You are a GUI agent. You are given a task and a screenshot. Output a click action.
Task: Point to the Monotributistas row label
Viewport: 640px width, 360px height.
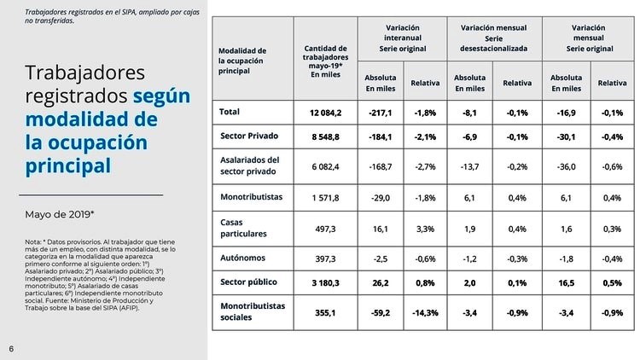[254, 197]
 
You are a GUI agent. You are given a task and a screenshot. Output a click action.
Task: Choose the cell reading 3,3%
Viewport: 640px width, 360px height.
[425, 228]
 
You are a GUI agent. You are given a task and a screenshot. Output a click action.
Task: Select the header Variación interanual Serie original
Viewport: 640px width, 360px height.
[402, 38]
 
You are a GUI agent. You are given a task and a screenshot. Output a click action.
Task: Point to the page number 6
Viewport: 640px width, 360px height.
[11, 348]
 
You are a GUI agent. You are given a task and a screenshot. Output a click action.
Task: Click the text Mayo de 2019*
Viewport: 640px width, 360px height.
[60, 214]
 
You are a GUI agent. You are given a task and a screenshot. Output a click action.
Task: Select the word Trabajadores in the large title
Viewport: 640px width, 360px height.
[85, 73]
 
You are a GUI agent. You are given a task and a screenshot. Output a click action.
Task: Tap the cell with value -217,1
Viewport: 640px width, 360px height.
[380, 113]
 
